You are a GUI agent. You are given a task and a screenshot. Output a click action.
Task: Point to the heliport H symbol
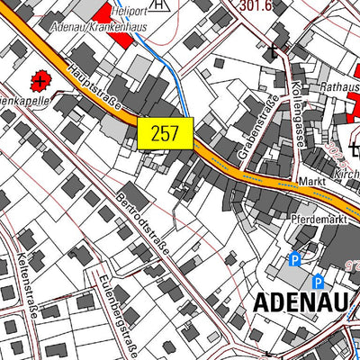[159, 4]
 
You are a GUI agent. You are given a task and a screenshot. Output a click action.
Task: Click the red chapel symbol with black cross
[40, 82]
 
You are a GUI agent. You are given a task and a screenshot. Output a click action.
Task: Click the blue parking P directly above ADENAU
[318, 280]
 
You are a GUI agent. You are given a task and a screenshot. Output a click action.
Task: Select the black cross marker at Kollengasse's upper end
[274, 50]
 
